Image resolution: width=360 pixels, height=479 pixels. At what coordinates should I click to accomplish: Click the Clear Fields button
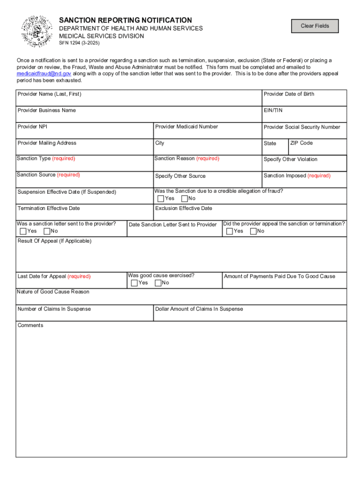click(315, 26)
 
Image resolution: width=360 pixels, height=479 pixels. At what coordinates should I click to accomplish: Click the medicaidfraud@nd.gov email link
click(44, 74)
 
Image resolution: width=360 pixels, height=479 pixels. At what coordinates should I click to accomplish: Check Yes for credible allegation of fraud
click(161, 199)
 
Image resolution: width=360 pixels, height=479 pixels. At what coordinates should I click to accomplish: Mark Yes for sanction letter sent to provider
click(23, 231)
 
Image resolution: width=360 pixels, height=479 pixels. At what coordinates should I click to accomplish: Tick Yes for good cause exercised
click(134, 283)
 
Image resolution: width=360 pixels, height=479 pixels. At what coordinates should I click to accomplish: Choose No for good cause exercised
click(158, 283)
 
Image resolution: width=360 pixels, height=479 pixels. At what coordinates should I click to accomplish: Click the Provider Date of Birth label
click(288, 94)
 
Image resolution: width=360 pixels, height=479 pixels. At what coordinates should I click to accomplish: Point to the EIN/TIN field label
click(273, 110)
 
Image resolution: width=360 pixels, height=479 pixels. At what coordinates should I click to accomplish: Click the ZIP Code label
click(301, 143)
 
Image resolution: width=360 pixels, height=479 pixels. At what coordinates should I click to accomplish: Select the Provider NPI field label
click(32, 127)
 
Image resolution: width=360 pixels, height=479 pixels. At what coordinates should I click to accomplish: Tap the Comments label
click(30, 325)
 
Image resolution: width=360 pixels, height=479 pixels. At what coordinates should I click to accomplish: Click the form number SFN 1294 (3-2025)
click(79, 43)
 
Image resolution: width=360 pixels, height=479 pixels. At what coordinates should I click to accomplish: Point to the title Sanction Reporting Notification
click(125, 20)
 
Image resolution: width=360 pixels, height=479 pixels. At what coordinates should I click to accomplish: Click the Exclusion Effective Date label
click(183, 208)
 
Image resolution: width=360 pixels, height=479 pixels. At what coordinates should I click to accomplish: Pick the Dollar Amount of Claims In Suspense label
click(199, 309)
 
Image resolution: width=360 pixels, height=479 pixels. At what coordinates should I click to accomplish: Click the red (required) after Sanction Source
click(68, 175)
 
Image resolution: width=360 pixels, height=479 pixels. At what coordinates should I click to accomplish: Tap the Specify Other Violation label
click(290, 160)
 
